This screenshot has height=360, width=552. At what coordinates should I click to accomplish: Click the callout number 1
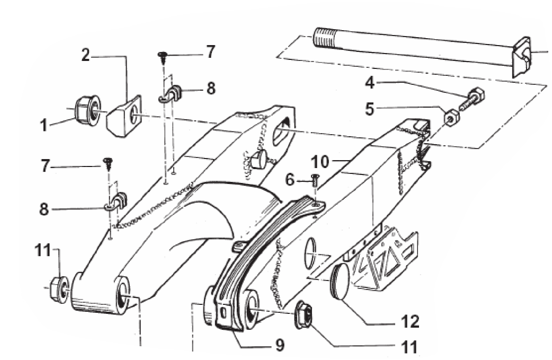(43, 125)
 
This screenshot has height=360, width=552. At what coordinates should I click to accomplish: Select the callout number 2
(85, 55)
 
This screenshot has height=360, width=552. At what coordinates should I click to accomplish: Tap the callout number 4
(370, 83)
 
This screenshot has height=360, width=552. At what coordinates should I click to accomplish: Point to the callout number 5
(369, 109)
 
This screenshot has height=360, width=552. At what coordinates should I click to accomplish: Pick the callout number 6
(289, 180)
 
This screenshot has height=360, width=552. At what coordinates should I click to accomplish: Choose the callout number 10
(320, 162)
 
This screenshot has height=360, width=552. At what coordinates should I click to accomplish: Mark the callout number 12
(410, 321)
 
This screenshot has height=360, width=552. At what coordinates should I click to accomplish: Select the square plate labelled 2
(124, 116)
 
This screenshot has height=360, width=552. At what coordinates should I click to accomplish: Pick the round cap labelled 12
(340, 282)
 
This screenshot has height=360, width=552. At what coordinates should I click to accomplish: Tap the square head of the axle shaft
(522, 57)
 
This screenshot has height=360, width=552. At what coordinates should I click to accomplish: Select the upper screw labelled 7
(163, 57)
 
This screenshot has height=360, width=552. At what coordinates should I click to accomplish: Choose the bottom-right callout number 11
(409, 347)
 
